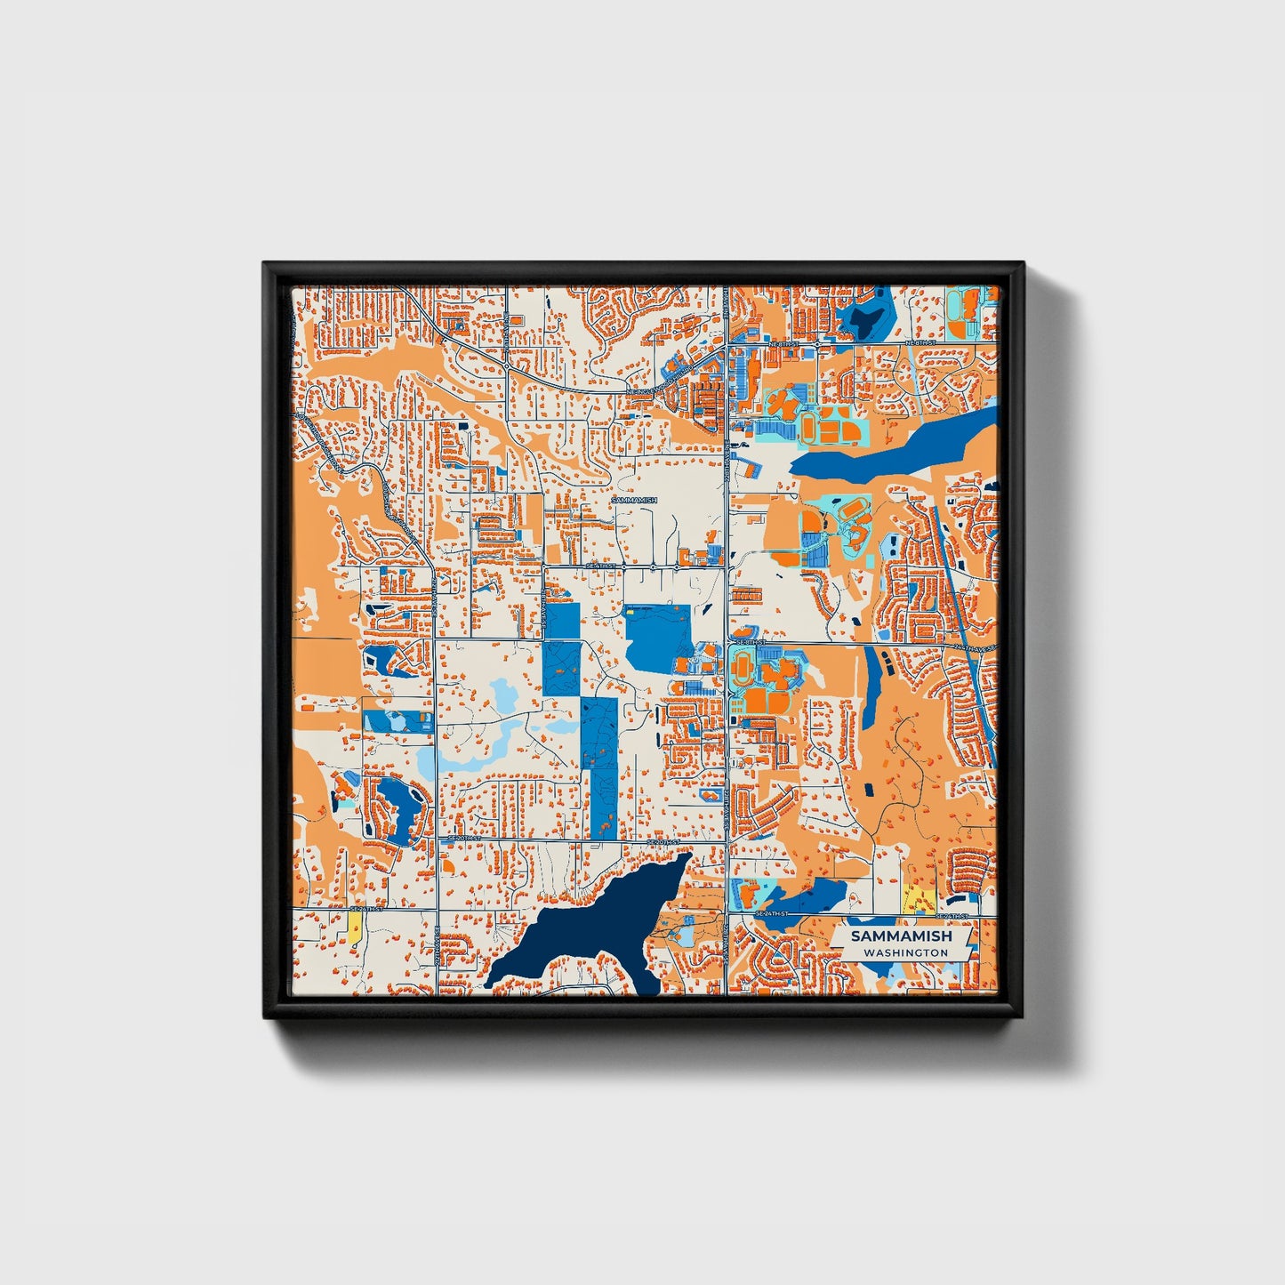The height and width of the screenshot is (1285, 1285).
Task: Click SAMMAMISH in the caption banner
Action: (x=901, y=936)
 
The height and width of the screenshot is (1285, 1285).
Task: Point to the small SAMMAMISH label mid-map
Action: (x=634, y=501)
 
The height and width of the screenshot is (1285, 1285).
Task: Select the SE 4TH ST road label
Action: (x=600, y=566)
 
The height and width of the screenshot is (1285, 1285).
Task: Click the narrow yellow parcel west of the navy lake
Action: (x=355, y=930)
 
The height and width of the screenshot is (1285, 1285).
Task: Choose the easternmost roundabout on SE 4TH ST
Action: (x=678, y=566)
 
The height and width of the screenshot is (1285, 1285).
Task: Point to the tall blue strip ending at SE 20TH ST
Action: (x=604, y=769)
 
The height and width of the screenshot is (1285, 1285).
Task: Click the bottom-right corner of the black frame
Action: (x=1020, y=1016)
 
